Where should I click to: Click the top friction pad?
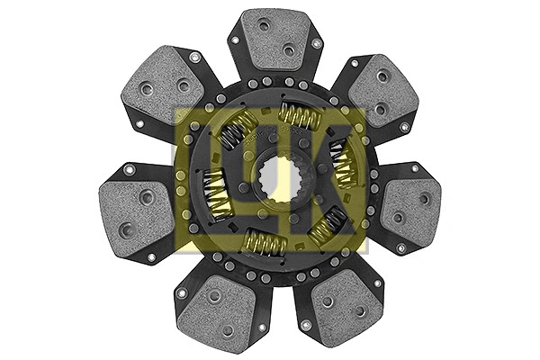click(275, 40)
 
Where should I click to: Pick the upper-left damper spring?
click(236, 131)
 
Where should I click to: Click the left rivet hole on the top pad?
click(263, 28)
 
